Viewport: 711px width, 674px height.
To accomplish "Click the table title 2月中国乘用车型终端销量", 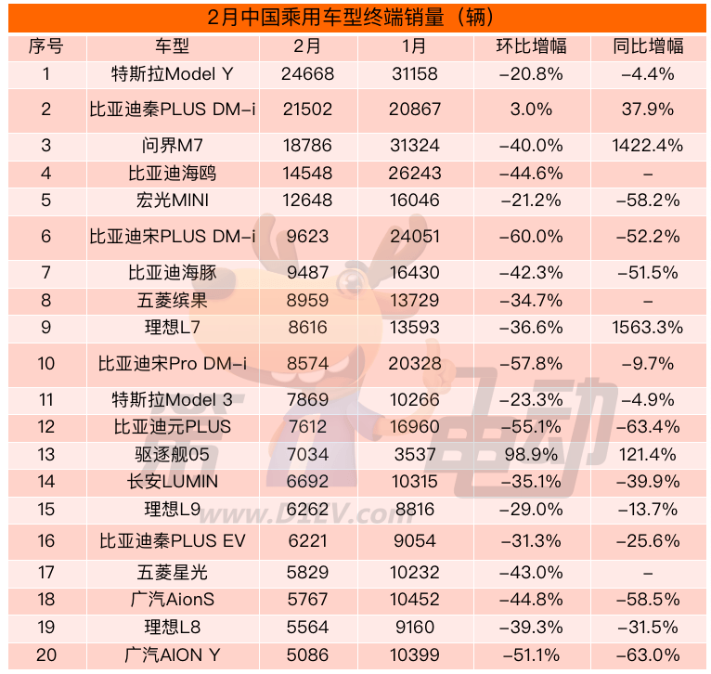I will (356, 17).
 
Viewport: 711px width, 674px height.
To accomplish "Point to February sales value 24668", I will (306, 73).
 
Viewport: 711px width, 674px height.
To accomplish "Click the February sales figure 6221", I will (306, 541).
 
